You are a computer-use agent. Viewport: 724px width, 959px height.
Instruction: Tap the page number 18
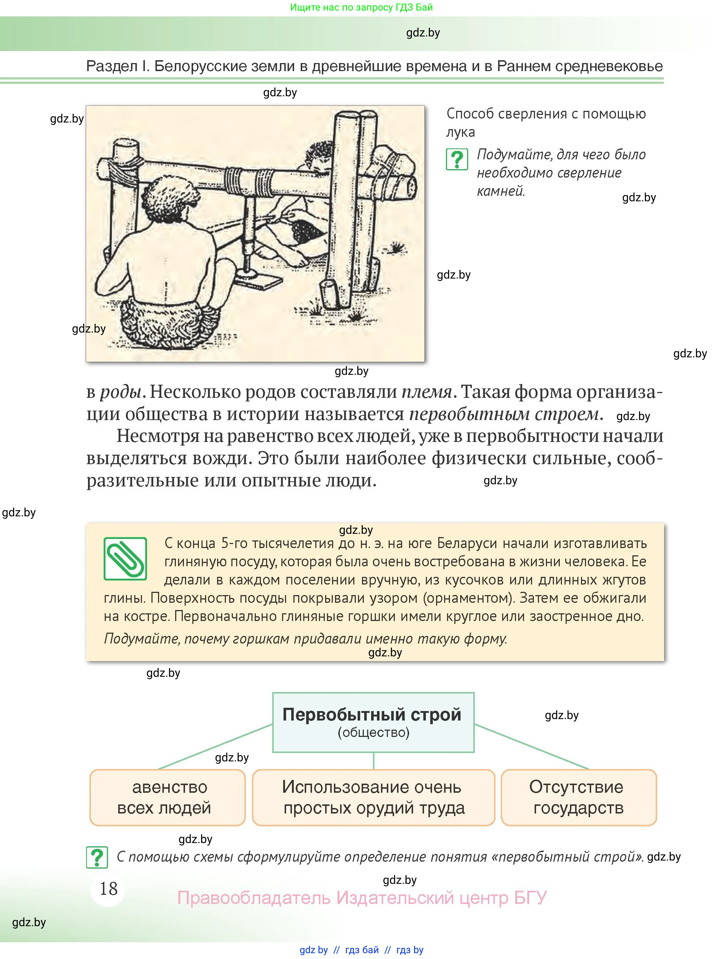click(108, 888)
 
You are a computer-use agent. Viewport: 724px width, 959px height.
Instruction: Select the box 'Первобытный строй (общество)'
click(373, 722)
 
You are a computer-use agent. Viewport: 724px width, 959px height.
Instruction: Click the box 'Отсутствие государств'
click(578, 797)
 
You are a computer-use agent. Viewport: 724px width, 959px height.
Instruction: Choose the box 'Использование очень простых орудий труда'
click(373, 797)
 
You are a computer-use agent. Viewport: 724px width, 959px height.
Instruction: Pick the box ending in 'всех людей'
click(167, 797)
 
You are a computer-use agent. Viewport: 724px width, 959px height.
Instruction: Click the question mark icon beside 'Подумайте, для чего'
click(457, 159)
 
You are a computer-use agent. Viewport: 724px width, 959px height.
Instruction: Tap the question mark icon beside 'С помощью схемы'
click(97, 857)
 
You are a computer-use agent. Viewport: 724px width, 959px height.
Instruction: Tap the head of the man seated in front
click(167, 200)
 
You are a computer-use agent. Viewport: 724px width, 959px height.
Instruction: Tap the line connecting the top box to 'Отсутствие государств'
click(531, 746)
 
